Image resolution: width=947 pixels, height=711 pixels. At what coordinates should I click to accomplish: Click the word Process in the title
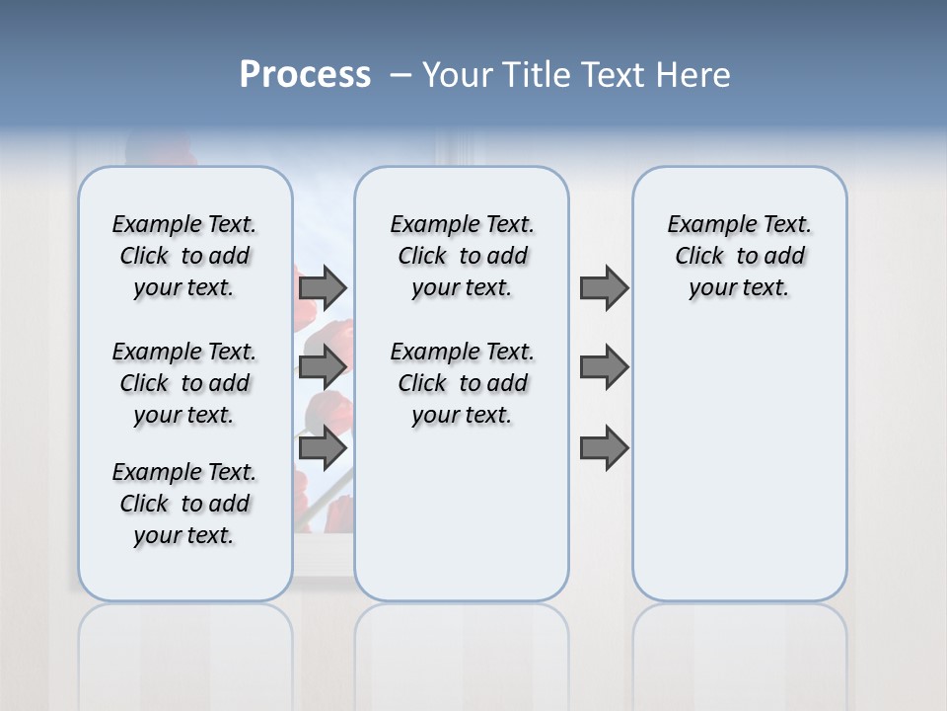[305, 74]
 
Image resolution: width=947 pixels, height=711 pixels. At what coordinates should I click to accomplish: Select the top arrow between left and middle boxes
[323, 287]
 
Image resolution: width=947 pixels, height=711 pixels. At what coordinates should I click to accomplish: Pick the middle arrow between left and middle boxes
[323, 367]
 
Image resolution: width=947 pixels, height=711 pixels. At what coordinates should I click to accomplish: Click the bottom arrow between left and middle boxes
[323, 448]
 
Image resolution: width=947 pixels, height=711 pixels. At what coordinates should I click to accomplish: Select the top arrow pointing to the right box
[604, 287]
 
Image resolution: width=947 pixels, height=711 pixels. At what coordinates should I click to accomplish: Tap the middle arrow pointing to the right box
[604, 367]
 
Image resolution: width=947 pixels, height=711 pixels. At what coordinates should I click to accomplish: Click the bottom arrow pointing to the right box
[604, 448]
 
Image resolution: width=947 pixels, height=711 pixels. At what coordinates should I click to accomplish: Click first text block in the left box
[184, 256]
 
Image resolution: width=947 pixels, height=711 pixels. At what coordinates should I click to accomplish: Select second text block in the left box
[184, 383]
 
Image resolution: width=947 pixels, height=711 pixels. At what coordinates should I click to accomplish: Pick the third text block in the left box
[184, 504]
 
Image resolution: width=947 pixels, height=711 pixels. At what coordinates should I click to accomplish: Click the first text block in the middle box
[463, 256]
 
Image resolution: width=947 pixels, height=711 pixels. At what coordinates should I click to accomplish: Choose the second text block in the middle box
[463, 383]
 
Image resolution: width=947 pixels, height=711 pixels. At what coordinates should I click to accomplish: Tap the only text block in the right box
[740, 256]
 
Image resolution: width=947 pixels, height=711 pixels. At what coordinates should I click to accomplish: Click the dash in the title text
[401, 76]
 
